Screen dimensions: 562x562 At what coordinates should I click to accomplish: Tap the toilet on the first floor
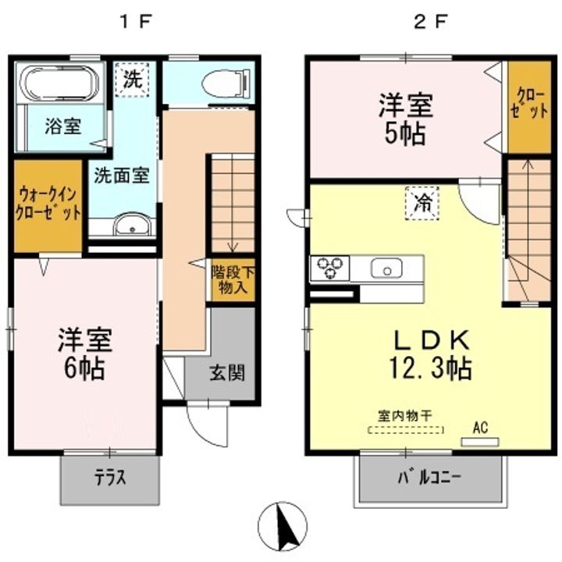(226, 84)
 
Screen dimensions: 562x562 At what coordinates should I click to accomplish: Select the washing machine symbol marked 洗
(132, 80)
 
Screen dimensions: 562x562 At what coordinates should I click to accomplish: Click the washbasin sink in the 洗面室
(132, 225)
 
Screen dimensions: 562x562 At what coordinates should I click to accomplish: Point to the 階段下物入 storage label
(233, 280)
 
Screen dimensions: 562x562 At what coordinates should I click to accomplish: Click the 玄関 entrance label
(227, 373)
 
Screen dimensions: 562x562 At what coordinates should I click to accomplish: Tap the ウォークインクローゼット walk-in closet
(48, 206)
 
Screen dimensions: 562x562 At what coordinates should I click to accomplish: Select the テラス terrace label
(110, 478)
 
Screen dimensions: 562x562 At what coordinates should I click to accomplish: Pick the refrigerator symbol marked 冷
(422, 203)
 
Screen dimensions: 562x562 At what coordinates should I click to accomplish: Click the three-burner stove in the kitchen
(329, 268)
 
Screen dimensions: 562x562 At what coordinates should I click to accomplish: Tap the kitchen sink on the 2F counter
(386, 269)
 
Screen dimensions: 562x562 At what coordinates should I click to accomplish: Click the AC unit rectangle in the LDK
(480, 442)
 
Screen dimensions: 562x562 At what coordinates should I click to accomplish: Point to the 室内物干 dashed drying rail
(406, 429)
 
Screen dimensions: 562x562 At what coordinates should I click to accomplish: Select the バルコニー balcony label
(429, 478)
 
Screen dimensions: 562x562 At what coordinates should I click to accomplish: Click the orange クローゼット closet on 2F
(529, 107)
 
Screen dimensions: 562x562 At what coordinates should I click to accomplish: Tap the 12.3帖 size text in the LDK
(430, 368)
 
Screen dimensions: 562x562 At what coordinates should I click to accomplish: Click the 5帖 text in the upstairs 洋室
(405, 134)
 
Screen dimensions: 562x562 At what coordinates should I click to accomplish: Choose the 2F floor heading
(430, 22)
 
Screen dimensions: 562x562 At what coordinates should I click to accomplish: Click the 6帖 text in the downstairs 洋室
(84, 368)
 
